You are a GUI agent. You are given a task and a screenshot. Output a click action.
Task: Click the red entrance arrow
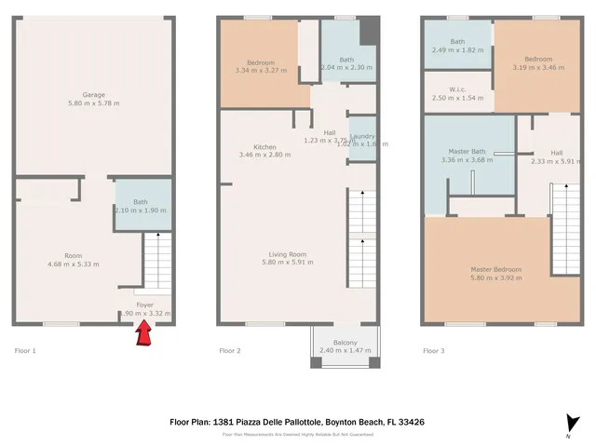pyautogui.click(x=145, y=333)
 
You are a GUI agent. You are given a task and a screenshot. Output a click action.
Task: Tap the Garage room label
pyautogui.click(x=93, y=95)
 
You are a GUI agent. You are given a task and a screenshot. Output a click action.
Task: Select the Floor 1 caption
pyautogui.click(x=25, y=351)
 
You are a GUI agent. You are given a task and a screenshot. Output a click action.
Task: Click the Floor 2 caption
pyautogui.click(x=230, y=351)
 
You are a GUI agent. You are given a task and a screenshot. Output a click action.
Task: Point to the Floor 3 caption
pyautogui.click(x=434, y=351)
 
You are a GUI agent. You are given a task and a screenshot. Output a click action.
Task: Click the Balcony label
pyautogui.click(x=345, y=342)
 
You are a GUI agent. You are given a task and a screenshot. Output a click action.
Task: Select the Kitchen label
pyautogui.click(x=264, y=146)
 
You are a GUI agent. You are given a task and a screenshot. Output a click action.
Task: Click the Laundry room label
pyautogui.click(x=362, y=136)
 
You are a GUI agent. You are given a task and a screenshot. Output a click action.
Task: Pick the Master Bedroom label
pyautogui.click(x=495, y=269)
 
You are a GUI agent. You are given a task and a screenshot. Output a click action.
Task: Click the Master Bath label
pyautogui.click(x=467, y=152)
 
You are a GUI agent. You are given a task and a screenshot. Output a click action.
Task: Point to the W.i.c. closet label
pyautogui.click(x=456, y=90)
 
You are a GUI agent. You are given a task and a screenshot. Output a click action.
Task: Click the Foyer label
pyautogui.click(x=145, y=305)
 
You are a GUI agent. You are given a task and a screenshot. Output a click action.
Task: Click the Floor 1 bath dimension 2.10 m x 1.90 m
pyautogui.click(x=141, y=210)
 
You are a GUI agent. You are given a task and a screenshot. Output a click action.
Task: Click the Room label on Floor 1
pyautogui.click(x=74, y=255)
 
